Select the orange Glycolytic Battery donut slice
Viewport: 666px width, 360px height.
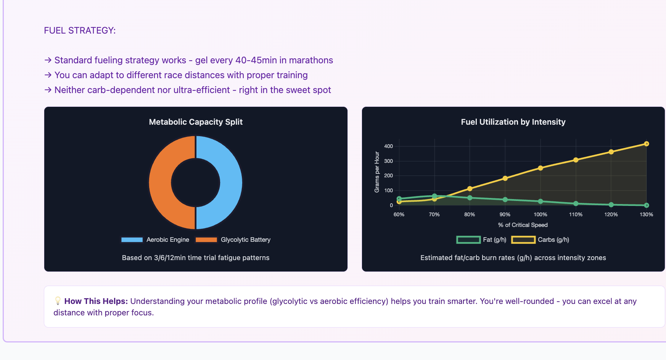160,182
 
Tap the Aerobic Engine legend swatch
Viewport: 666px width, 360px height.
132,239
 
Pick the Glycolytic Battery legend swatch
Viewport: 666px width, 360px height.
206,239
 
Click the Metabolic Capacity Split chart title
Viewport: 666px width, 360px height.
196,122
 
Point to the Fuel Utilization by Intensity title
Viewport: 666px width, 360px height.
513,122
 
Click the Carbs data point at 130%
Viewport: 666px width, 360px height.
646,144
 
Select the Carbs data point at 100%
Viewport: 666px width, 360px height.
541,168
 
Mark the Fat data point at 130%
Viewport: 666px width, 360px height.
646,205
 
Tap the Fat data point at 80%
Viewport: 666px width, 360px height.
470,198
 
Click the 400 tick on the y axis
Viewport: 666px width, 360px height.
388,146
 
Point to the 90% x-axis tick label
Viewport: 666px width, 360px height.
505,214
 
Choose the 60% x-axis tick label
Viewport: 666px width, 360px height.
399,214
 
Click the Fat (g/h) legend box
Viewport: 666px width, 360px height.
468,239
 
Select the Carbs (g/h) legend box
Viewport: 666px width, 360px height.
523,239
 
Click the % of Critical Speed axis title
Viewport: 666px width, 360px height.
523,225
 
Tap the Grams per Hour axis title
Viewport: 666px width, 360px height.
377,172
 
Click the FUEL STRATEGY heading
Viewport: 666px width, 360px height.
80,31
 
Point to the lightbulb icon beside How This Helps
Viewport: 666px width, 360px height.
58,301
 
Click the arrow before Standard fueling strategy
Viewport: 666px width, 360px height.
48,60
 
